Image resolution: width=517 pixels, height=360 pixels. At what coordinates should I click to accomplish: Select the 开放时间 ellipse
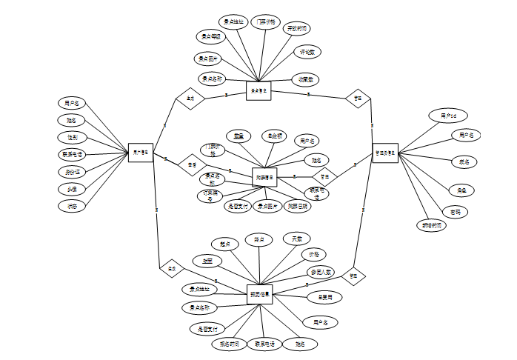[298, 28]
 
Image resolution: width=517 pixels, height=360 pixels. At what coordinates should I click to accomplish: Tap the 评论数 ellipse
[307, 53]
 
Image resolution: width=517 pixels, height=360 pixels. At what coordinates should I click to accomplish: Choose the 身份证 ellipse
[72, 172]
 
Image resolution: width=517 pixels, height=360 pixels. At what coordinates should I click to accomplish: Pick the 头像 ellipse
[72, 189]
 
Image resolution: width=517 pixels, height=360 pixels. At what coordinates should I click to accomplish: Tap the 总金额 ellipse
[276, 136]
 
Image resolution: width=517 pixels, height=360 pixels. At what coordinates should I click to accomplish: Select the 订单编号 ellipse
[210, 196]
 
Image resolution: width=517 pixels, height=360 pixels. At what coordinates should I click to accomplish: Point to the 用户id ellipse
[448, 116]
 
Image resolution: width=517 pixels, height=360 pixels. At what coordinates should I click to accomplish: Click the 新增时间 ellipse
[430, 224]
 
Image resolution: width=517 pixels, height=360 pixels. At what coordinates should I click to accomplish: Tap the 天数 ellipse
[297, 239]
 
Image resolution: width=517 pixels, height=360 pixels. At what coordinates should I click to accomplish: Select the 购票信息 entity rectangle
[264, 177]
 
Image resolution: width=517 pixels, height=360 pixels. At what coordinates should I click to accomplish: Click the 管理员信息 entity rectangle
[385, 153]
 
